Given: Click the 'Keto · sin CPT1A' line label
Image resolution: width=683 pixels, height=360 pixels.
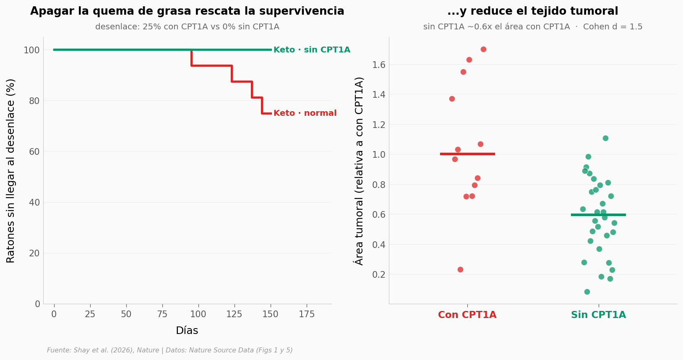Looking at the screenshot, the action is click(x=312, y=50).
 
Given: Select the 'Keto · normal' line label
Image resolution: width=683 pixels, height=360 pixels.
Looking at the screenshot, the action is click(x=305, y=113).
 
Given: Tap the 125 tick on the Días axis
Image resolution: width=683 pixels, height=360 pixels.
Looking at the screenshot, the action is click(x=234, y=314).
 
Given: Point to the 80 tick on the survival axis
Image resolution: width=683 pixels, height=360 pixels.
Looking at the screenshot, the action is click(x=34, y=101).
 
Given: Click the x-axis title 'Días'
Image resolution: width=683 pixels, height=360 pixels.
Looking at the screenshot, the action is click(x=187, y=331).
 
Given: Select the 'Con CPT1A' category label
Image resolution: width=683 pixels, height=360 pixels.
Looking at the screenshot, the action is click(x=467, y=315).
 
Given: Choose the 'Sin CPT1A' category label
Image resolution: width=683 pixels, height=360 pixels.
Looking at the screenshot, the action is click(x=598, y=315).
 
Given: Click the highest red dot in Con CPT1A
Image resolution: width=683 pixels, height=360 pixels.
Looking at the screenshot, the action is click(x=483, y=50).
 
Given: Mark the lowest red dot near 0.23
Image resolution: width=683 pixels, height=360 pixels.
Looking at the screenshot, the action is click(x=460, y=269).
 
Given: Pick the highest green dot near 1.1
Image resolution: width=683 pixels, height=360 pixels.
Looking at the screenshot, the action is click(x=605, y=138).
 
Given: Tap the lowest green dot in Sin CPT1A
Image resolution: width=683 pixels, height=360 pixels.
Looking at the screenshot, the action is click(x=587, y=292).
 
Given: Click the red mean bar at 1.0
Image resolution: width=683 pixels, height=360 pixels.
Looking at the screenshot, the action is click(x=467, y=154).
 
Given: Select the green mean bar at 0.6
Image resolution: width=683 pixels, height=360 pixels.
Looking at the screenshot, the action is click(x=598, y=215).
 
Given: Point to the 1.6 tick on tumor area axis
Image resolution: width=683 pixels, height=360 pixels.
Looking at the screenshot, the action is click(x=379, y=65).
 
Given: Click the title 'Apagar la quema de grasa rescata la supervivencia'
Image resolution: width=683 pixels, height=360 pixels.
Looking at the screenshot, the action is click(x=187, y=11).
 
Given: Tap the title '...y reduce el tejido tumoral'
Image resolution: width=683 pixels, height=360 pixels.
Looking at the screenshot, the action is click(x=533, y=11).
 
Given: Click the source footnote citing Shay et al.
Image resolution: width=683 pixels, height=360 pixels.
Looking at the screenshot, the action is click(x=170, y=350).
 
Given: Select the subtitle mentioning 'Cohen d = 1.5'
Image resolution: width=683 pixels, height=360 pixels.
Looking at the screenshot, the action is click(x=533, y=27).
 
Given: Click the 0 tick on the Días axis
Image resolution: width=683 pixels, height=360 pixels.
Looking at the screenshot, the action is click(x=54, y=314).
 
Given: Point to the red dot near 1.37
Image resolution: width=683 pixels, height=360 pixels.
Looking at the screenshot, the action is click(x=452, y=99).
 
